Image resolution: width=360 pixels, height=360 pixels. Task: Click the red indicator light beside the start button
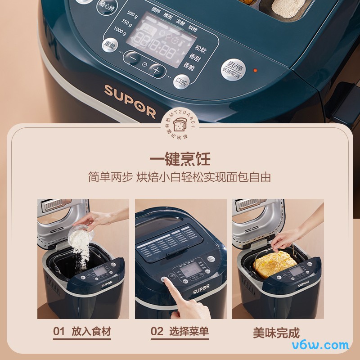(x=255, y=71)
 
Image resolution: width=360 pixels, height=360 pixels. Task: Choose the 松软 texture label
(x=201, y=47)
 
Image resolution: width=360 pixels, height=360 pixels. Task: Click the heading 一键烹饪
(x=180, y=159)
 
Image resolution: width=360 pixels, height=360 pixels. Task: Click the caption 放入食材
(x=91, y=332)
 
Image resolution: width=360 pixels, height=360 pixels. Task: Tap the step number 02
(x=157, y=332)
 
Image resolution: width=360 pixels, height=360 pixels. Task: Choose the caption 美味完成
(x=276, y=333)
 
